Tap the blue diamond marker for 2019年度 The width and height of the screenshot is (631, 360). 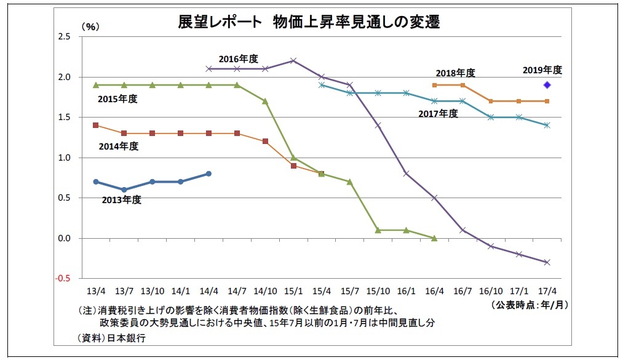(x=546, y=85)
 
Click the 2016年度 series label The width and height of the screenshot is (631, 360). (x=239, y=59)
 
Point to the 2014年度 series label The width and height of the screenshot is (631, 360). (x=118, y=146)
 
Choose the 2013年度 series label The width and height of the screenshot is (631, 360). (x=122, y=199)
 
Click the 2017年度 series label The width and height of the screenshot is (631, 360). (x=438, y=113)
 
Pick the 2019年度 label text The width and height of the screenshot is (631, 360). (x=542, y=70)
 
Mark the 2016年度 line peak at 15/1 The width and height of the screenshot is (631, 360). (x=293, y=60)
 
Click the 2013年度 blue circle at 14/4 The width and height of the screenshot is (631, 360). (x=208, y=174)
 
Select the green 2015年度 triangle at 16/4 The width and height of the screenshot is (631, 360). (x=434, y=238)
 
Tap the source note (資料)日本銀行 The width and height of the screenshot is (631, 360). (x=112, y=338)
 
